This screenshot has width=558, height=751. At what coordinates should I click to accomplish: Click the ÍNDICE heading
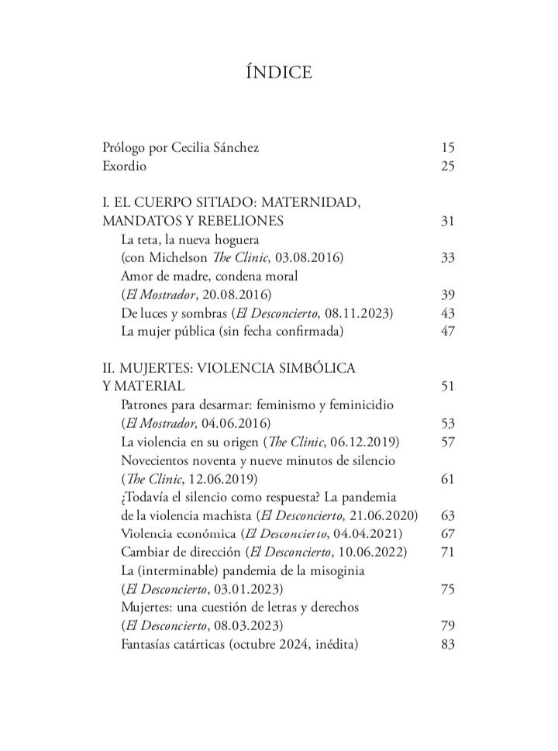click(x=278, y=74)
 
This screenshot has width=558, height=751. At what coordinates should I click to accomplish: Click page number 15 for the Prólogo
click(x=446, y=147)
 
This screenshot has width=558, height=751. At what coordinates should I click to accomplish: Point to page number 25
click(x=446, y=166)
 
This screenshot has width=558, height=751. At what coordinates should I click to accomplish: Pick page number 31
click(x=446, y=222)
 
